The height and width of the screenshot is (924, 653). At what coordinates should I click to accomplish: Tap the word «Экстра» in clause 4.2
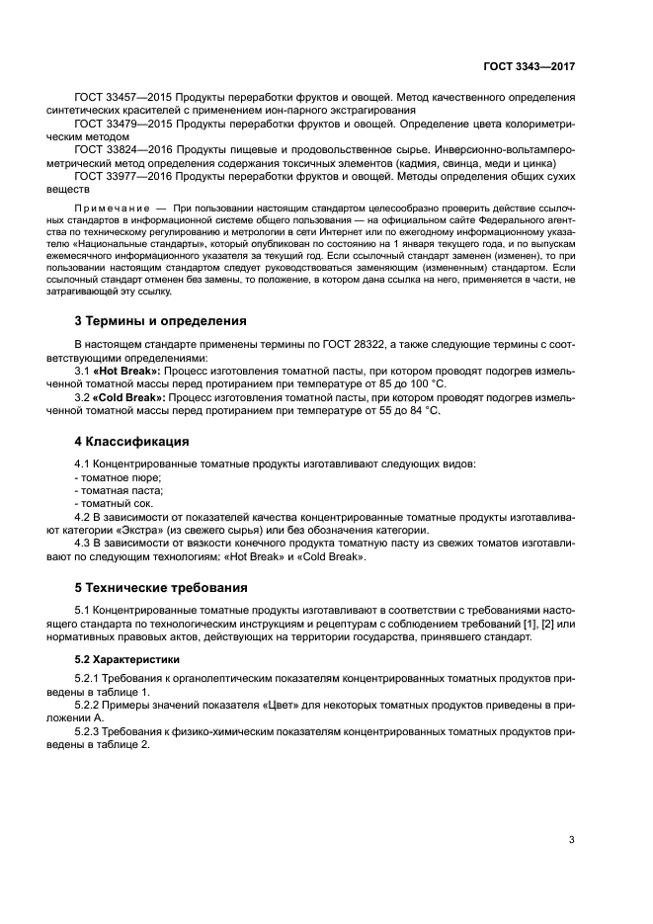(x=148, y=529)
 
